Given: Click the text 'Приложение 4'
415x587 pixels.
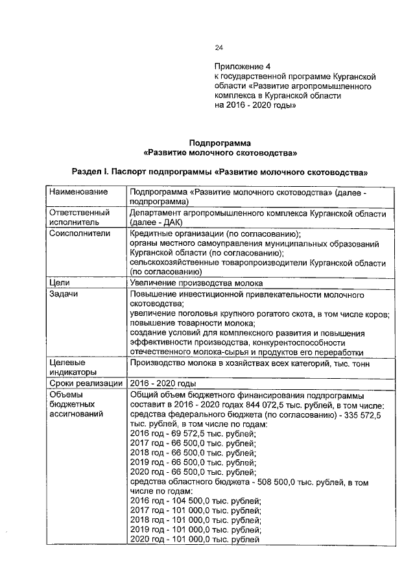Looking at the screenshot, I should [242, 67].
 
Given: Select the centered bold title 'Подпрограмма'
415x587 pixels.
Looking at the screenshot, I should [219, 143].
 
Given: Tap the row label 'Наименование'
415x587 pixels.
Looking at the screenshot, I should [77, 193].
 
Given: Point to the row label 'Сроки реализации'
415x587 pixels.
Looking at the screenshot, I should [86, 383].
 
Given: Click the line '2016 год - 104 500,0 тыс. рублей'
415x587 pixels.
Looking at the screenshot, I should [195, 501].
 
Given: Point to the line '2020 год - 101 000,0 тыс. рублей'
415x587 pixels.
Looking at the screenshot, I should [195, 540].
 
